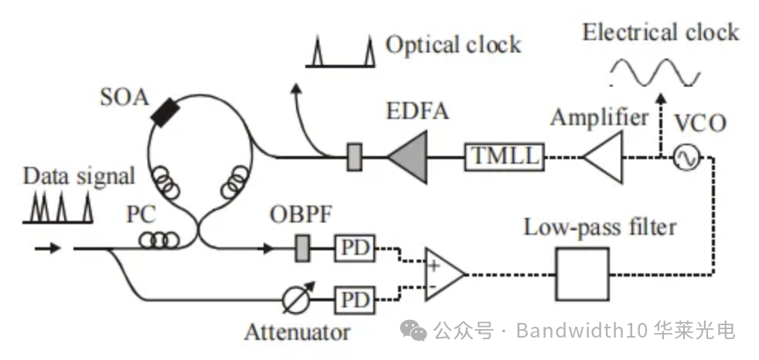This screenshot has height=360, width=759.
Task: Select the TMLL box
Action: tap(502, 158)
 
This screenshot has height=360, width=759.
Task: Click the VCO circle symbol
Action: tap(685, 158)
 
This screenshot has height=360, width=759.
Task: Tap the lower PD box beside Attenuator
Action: tap(352, 298)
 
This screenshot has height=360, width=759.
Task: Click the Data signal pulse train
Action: tap(58, 207)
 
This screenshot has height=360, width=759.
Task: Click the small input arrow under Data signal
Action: tap(48, 249)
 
